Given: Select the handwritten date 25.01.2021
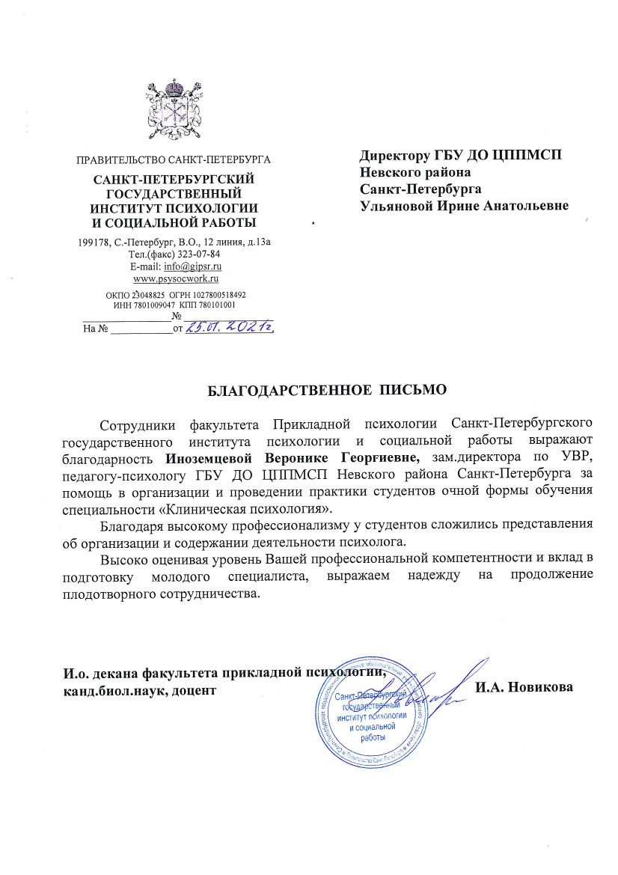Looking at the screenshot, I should click(230, 327).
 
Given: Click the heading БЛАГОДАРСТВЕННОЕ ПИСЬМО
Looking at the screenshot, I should click(326, 390).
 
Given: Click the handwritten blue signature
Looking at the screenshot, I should click(441, 692).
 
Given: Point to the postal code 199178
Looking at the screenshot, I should click(94, 242).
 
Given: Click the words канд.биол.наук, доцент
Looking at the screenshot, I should click(138, 690).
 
